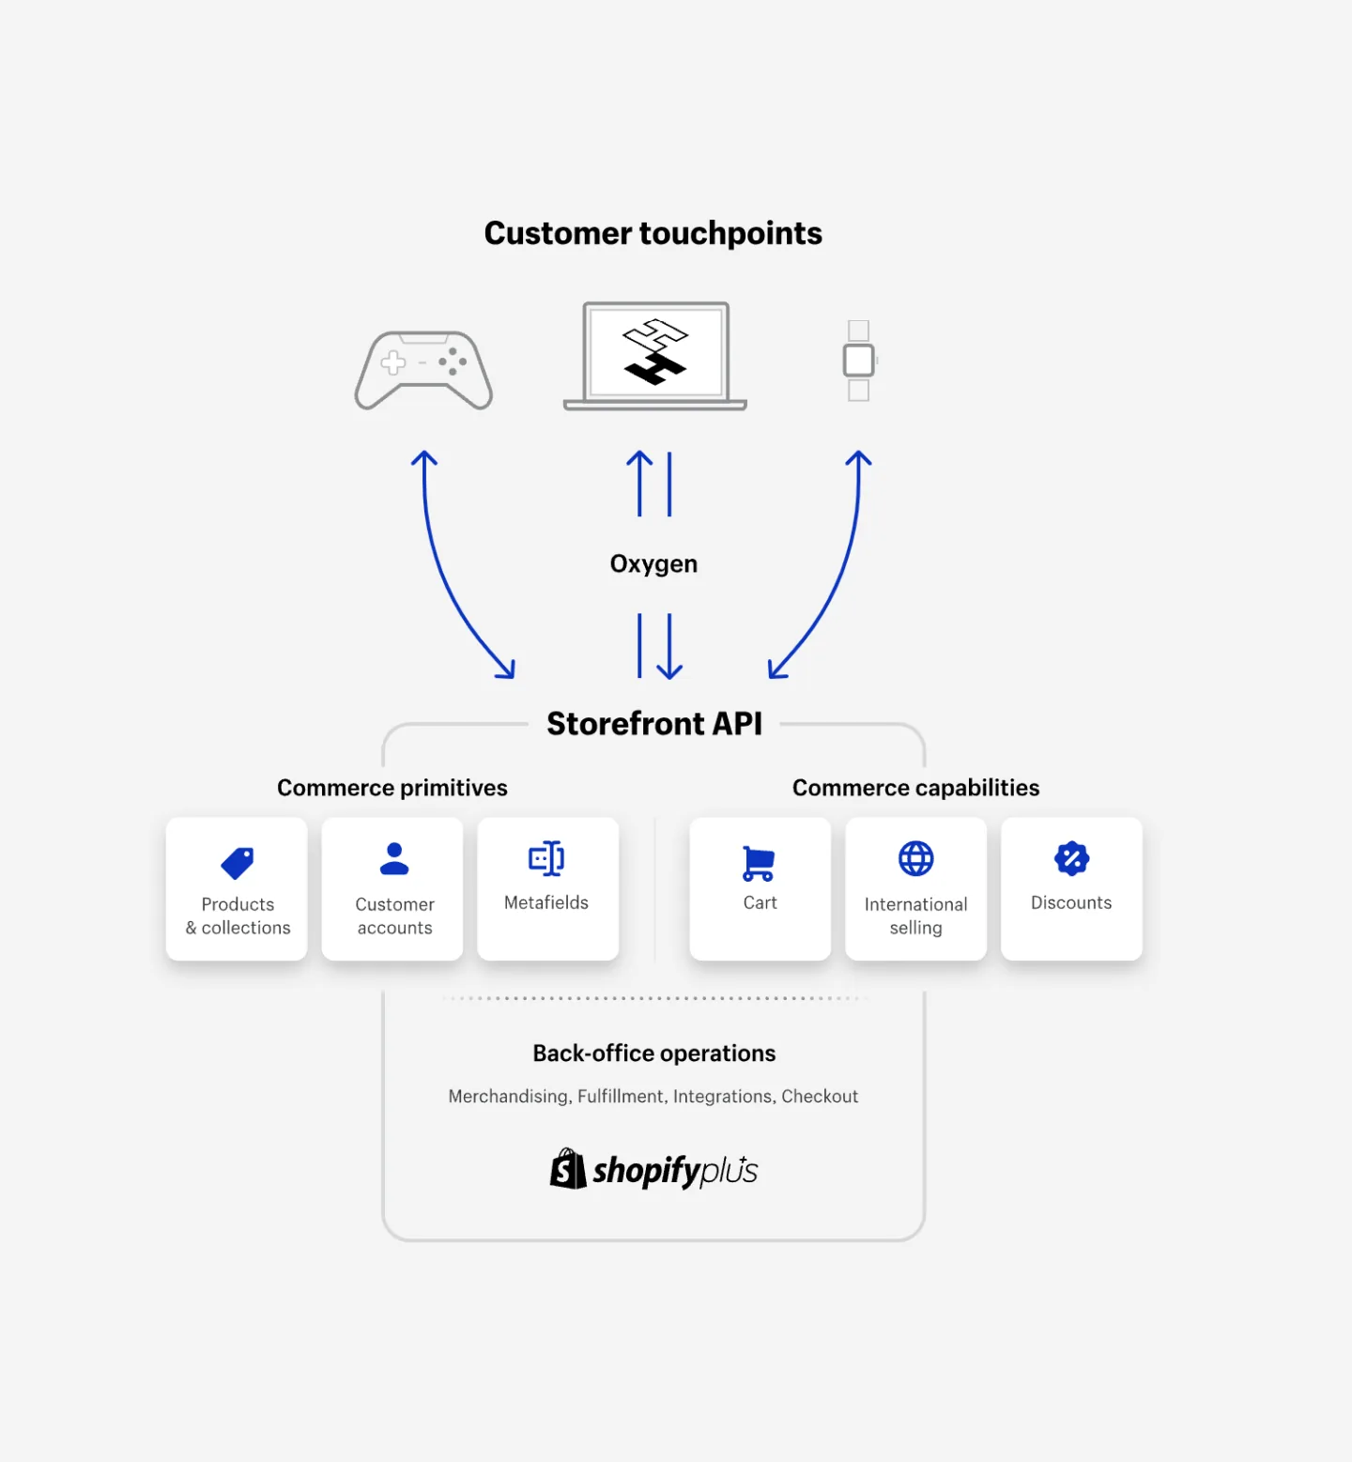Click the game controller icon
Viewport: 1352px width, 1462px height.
pos(423,370)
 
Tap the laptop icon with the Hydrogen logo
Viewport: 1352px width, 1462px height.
pos(655,356)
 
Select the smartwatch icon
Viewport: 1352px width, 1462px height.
pos(859,361)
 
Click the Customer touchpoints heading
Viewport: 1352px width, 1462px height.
pos(653,233)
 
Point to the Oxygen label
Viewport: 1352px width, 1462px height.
pos(653,563)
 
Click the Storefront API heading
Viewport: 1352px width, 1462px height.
pos(654,723)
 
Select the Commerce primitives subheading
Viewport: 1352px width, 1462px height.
pos(392,788)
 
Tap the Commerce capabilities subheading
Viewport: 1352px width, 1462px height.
pos(916,788)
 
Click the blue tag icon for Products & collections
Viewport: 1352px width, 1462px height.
pos(238,863)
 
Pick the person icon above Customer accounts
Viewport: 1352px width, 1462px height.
pos(394,858)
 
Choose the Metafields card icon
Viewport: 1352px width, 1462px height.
pos(546,858)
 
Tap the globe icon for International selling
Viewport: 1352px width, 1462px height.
pos(916,858)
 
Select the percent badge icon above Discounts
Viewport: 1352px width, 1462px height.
pos(1071,858)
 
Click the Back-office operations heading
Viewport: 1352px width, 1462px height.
pos(654,1054)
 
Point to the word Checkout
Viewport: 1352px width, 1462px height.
pos(820,1096)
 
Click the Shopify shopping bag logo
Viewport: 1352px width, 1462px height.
pos(568,1169)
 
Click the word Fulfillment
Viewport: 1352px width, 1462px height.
pos(621,1096)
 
